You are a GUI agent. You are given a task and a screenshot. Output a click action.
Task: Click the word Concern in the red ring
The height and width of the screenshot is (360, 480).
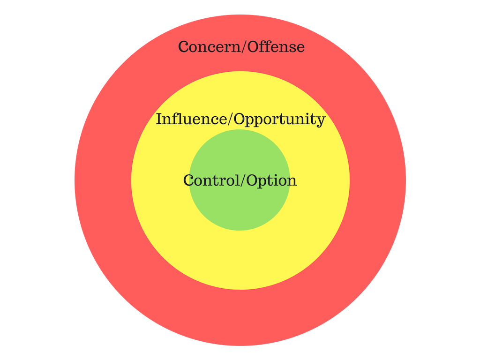click(x=210, y=47)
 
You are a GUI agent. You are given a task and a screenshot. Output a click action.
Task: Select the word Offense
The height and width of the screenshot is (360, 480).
click(x=276, y=46)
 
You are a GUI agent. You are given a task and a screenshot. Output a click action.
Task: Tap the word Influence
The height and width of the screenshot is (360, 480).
click(x=192, y=119)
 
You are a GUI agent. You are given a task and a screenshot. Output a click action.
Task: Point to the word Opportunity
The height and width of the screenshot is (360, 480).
click(x=279, y=120)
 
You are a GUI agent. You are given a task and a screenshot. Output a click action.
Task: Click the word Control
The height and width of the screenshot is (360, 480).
click(x=212, y=180)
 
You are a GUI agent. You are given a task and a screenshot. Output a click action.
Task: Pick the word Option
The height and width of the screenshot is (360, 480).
click(x=271, y=180)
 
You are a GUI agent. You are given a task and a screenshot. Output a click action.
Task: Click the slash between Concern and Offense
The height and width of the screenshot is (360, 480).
click(x=244, y=47)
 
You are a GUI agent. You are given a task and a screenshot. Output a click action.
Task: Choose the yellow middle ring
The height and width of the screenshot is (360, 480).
click(x=240, y=260)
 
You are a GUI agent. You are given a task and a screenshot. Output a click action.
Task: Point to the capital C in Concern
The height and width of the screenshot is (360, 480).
click(x=183, y=47)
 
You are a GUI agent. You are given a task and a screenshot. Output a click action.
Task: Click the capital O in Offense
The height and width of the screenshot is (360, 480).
click(x=254, y=47)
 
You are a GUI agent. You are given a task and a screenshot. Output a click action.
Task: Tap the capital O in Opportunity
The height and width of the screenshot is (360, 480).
click(x=240, y=119)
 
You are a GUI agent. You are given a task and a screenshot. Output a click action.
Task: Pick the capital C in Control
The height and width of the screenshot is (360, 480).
click(x=188, y=180)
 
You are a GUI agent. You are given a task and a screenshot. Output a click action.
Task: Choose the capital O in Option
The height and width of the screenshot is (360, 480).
click(x=253, y=180)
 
